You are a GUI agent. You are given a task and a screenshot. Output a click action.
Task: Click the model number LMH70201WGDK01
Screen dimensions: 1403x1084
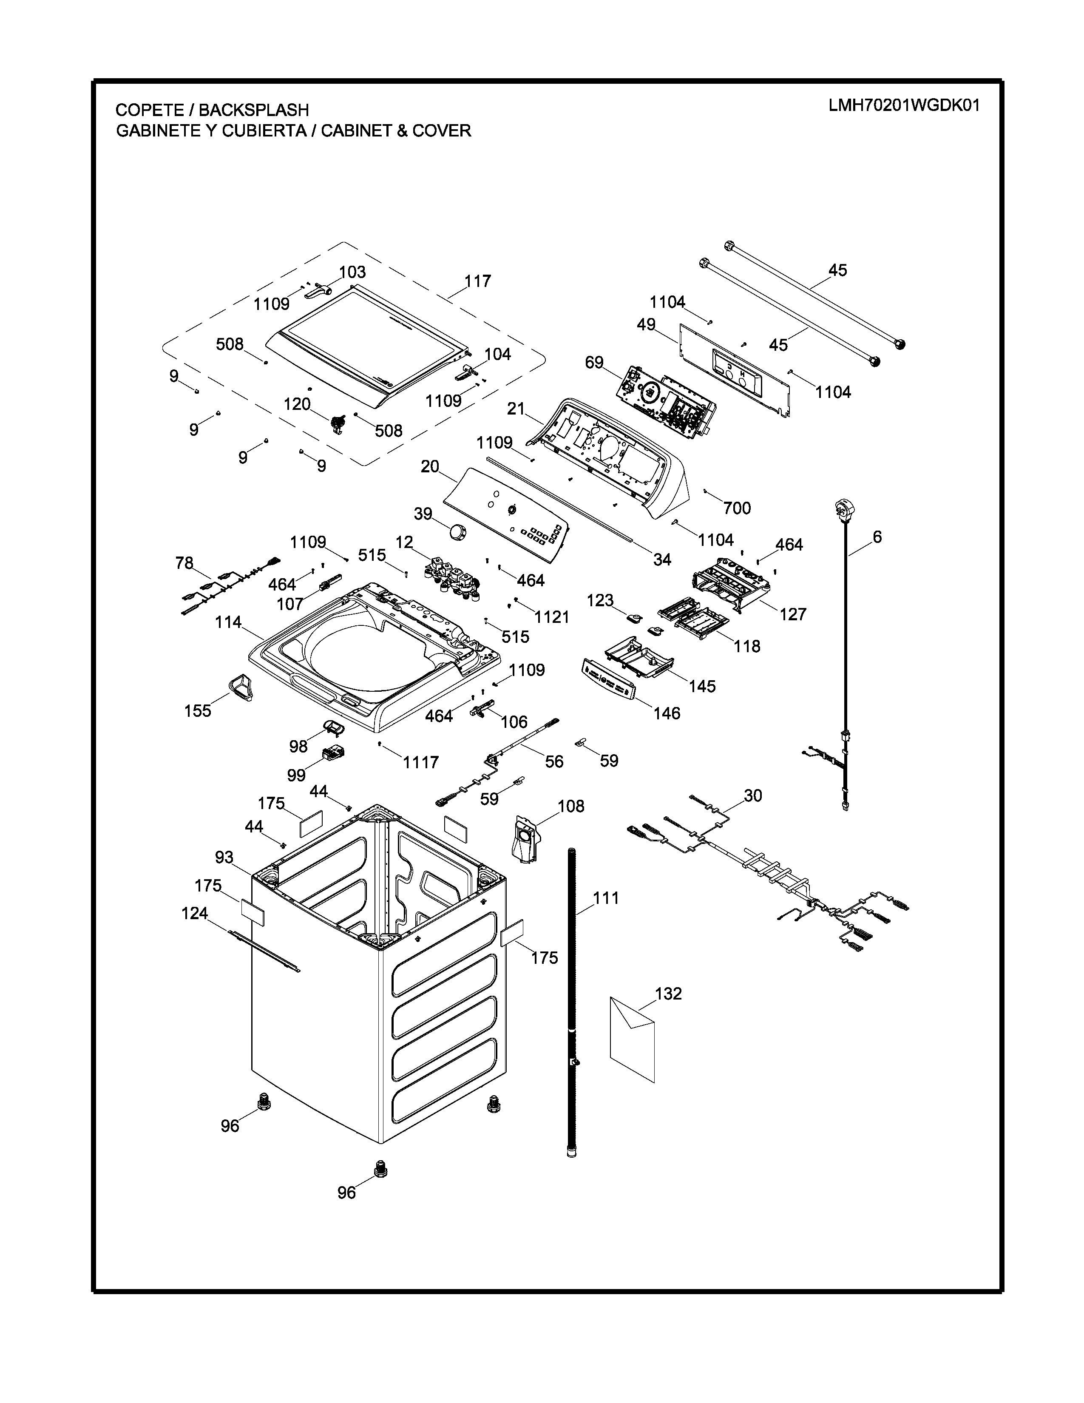coord(904,105)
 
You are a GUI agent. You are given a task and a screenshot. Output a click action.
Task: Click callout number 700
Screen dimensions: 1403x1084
coord(737,508)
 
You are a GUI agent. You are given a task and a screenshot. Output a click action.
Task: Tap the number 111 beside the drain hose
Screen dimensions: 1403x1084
coord(606,897)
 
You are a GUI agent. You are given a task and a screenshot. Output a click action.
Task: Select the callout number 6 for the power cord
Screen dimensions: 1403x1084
coord(877,537)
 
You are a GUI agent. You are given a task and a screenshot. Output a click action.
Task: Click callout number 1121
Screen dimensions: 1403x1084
coord(552,617)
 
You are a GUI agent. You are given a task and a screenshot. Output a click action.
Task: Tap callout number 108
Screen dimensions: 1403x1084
coord(571,806)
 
